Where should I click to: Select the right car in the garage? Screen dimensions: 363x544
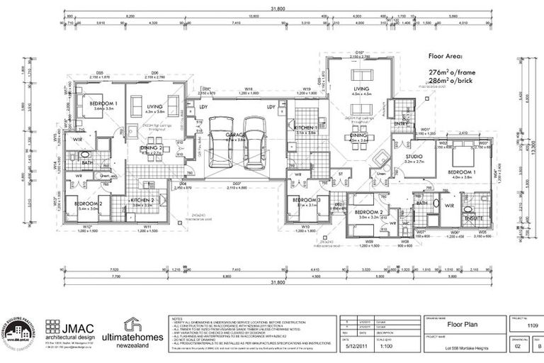point(254,142)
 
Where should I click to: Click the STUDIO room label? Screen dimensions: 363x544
point(414,157)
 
